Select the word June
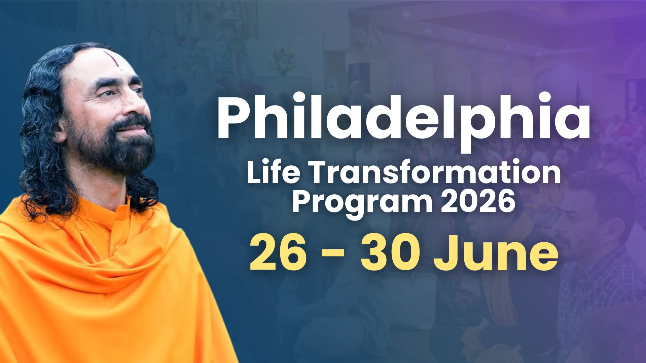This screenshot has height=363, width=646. [496, 253]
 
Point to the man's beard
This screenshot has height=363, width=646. [114, 148]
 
